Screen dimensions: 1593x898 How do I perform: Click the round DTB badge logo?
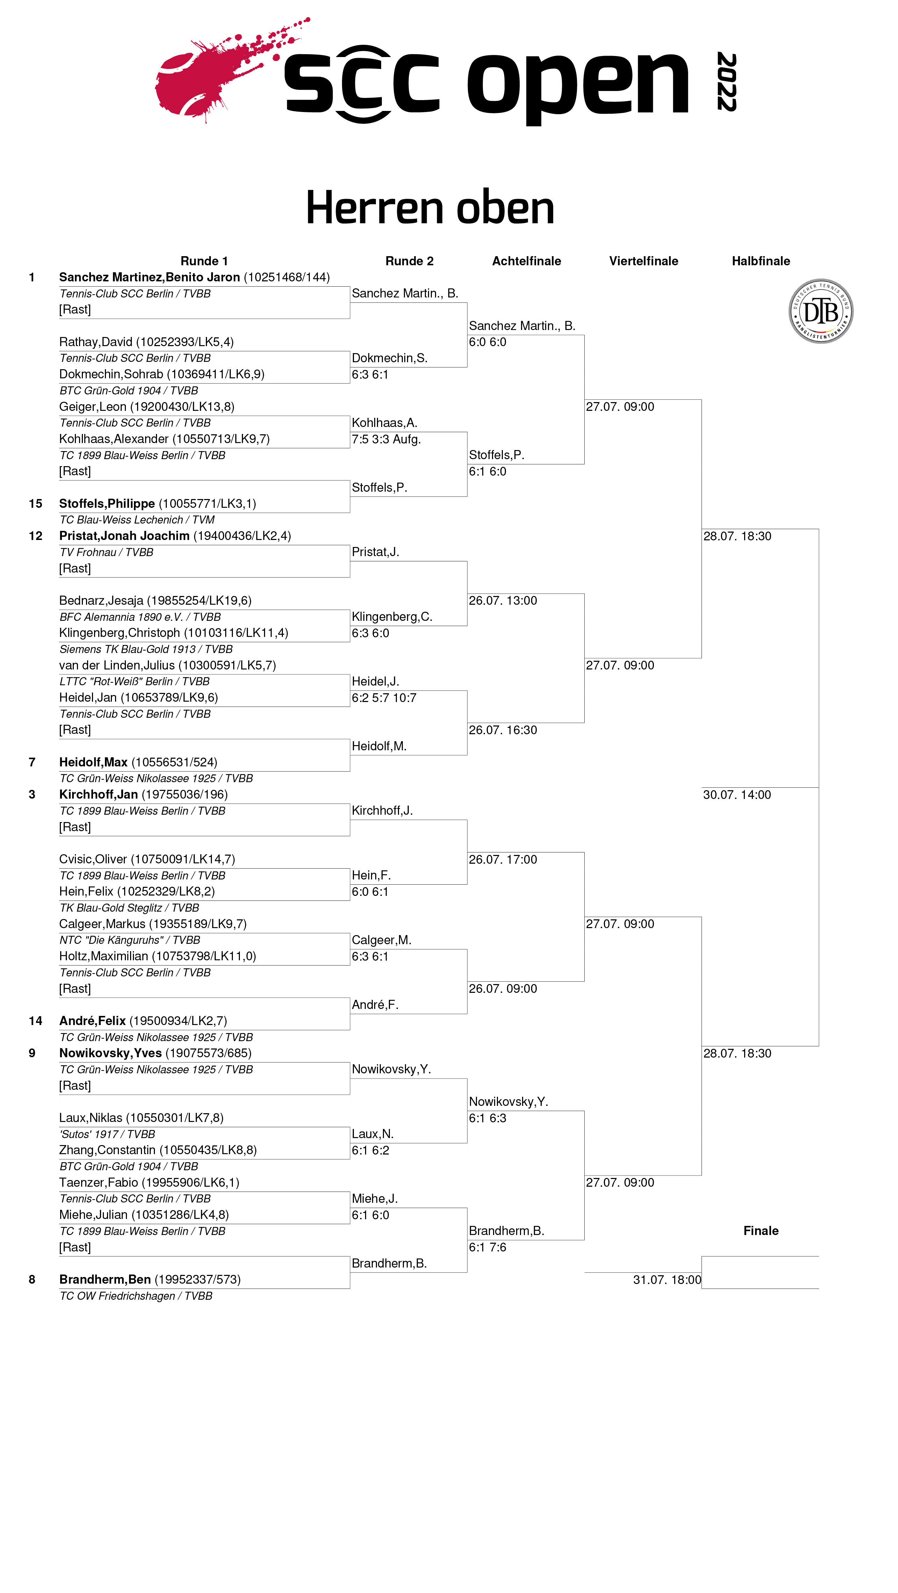pos(821,311)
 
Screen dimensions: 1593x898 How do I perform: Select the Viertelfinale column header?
pos(643,261)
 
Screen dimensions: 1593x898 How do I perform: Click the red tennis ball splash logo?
pos(204,77)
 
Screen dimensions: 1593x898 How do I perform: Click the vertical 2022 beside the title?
pos(726,82)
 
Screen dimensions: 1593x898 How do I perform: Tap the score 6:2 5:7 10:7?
pos(384,697)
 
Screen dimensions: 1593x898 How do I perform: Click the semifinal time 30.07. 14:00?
pos(737,795)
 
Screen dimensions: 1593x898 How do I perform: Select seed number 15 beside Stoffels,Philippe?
pos(35,503)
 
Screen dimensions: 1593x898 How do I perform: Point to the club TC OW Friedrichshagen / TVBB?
pos(136,1296)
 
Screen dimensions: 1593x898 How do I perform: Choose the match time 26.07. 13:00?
pos(503,601)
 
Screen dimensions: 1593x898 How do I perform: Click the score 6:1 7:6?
pos(487,1247)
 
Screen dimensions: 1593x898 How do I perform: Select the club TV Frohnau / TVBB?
pos(106,552)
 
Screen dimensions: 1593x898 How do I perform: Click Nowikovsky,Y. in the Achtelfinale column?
pos(508,1101)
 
